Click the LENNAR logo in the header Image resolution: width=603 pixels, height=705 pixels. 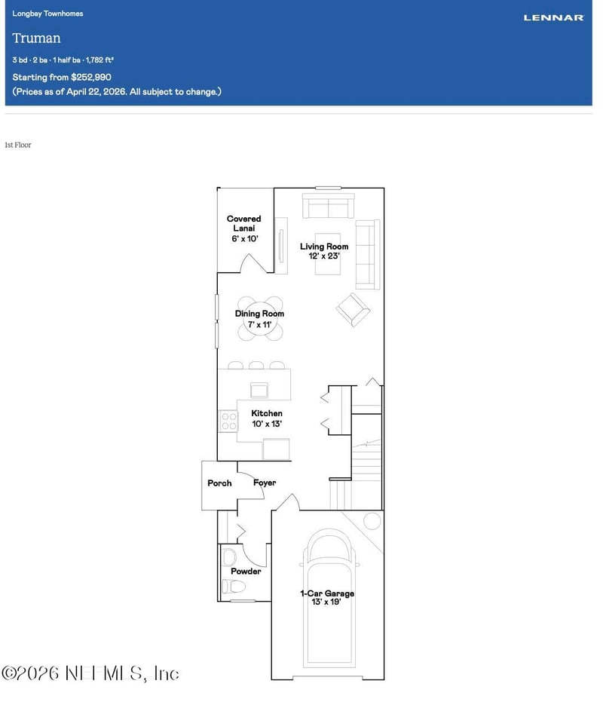(553, 17)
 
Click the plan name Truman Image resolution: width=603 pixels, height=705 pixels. (36, 38)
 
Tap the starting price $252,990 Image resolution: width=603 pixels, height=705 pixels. (91, 77)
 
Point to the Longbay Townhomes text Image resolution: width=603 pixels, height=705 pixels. (47, 14)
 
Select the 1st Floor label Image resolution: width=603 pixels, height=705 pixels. (17, 145)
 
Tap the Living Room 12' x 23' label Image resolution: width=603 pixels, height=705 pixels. (324, 251)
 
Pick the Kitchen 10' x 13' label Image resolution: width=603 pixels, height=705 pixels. (267, 418)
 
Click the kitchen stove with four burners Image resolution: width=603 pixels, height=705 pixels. (228, 421)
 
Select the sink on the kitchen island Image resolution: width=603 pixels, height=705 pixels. (260, 389)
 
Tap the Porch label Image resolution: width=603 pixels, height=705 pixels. (219, 483)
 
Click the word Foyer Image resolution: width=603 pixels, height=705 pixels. (265, 483)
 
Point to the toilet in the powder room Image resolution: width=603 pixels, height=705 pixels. (229, 558)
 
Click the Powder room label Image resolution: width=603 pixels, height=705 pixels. (246, 572)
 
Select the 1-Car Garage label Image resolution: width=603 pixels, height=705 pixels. (327, 598)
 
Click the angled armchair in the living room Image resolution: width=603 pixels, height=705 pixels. (353, 309)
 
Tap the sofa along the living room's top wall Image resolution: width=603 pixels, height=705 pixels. (327, 206)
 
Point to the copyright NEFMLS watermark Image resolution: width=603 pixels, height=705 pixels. (90, 673)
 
